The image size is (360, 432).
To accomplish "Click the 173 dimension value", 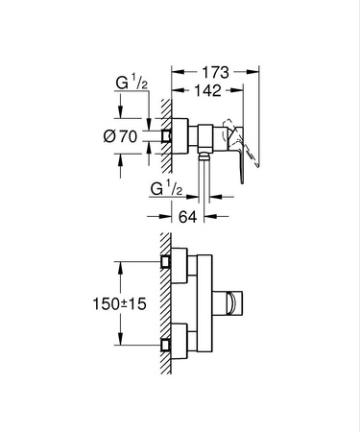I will (216, 70).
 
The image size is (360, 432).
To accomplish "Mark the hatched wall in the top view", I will (165, 137).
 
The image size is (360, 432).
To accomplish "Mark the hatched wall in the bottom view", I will (165, 302).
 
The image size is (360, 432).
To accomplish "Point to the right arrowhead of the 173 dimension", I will (257, 70).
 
